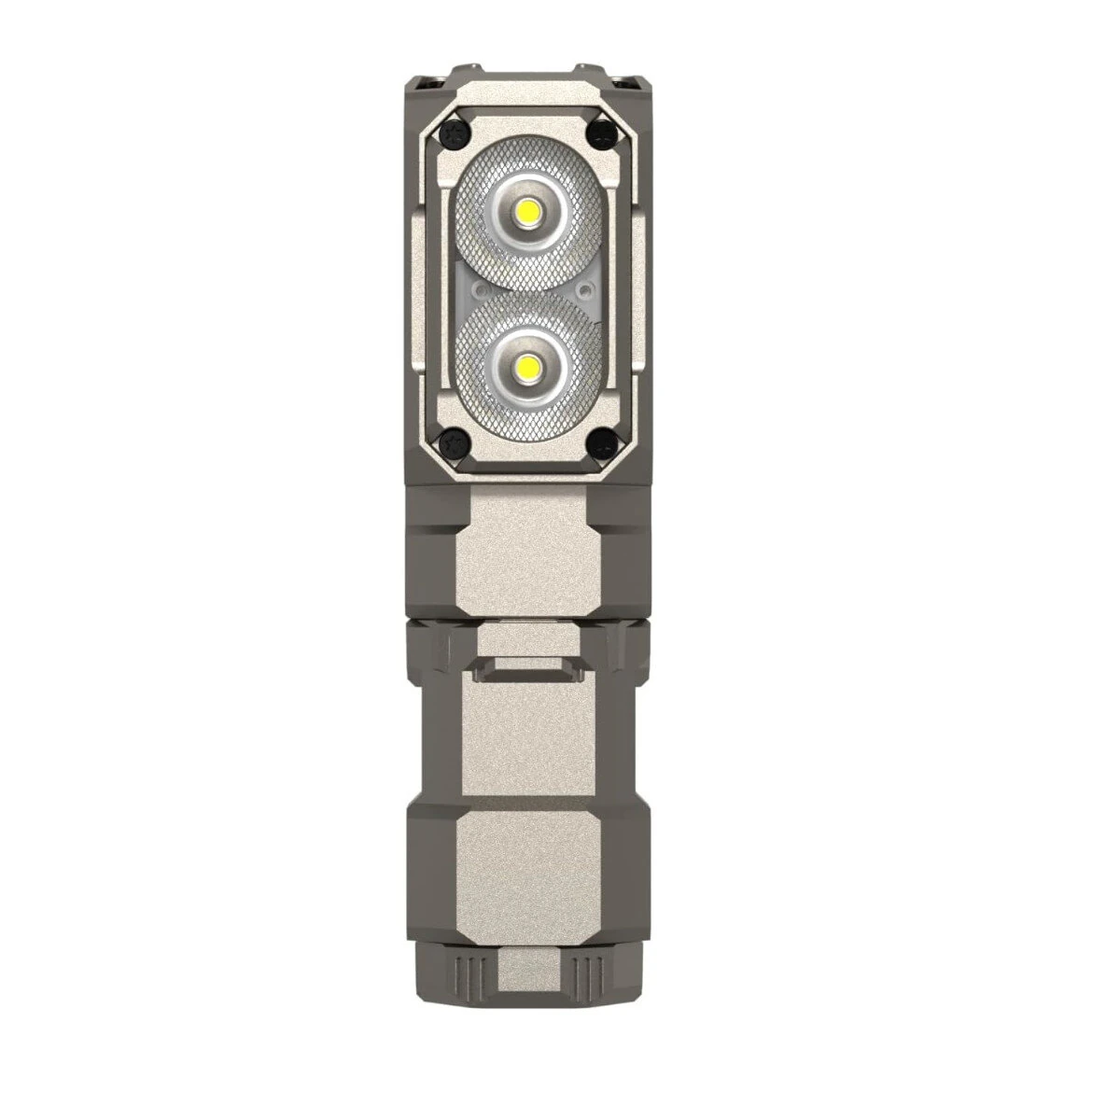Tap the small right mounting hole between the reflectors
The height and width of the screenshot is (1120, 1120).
(x=584, y=288)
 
